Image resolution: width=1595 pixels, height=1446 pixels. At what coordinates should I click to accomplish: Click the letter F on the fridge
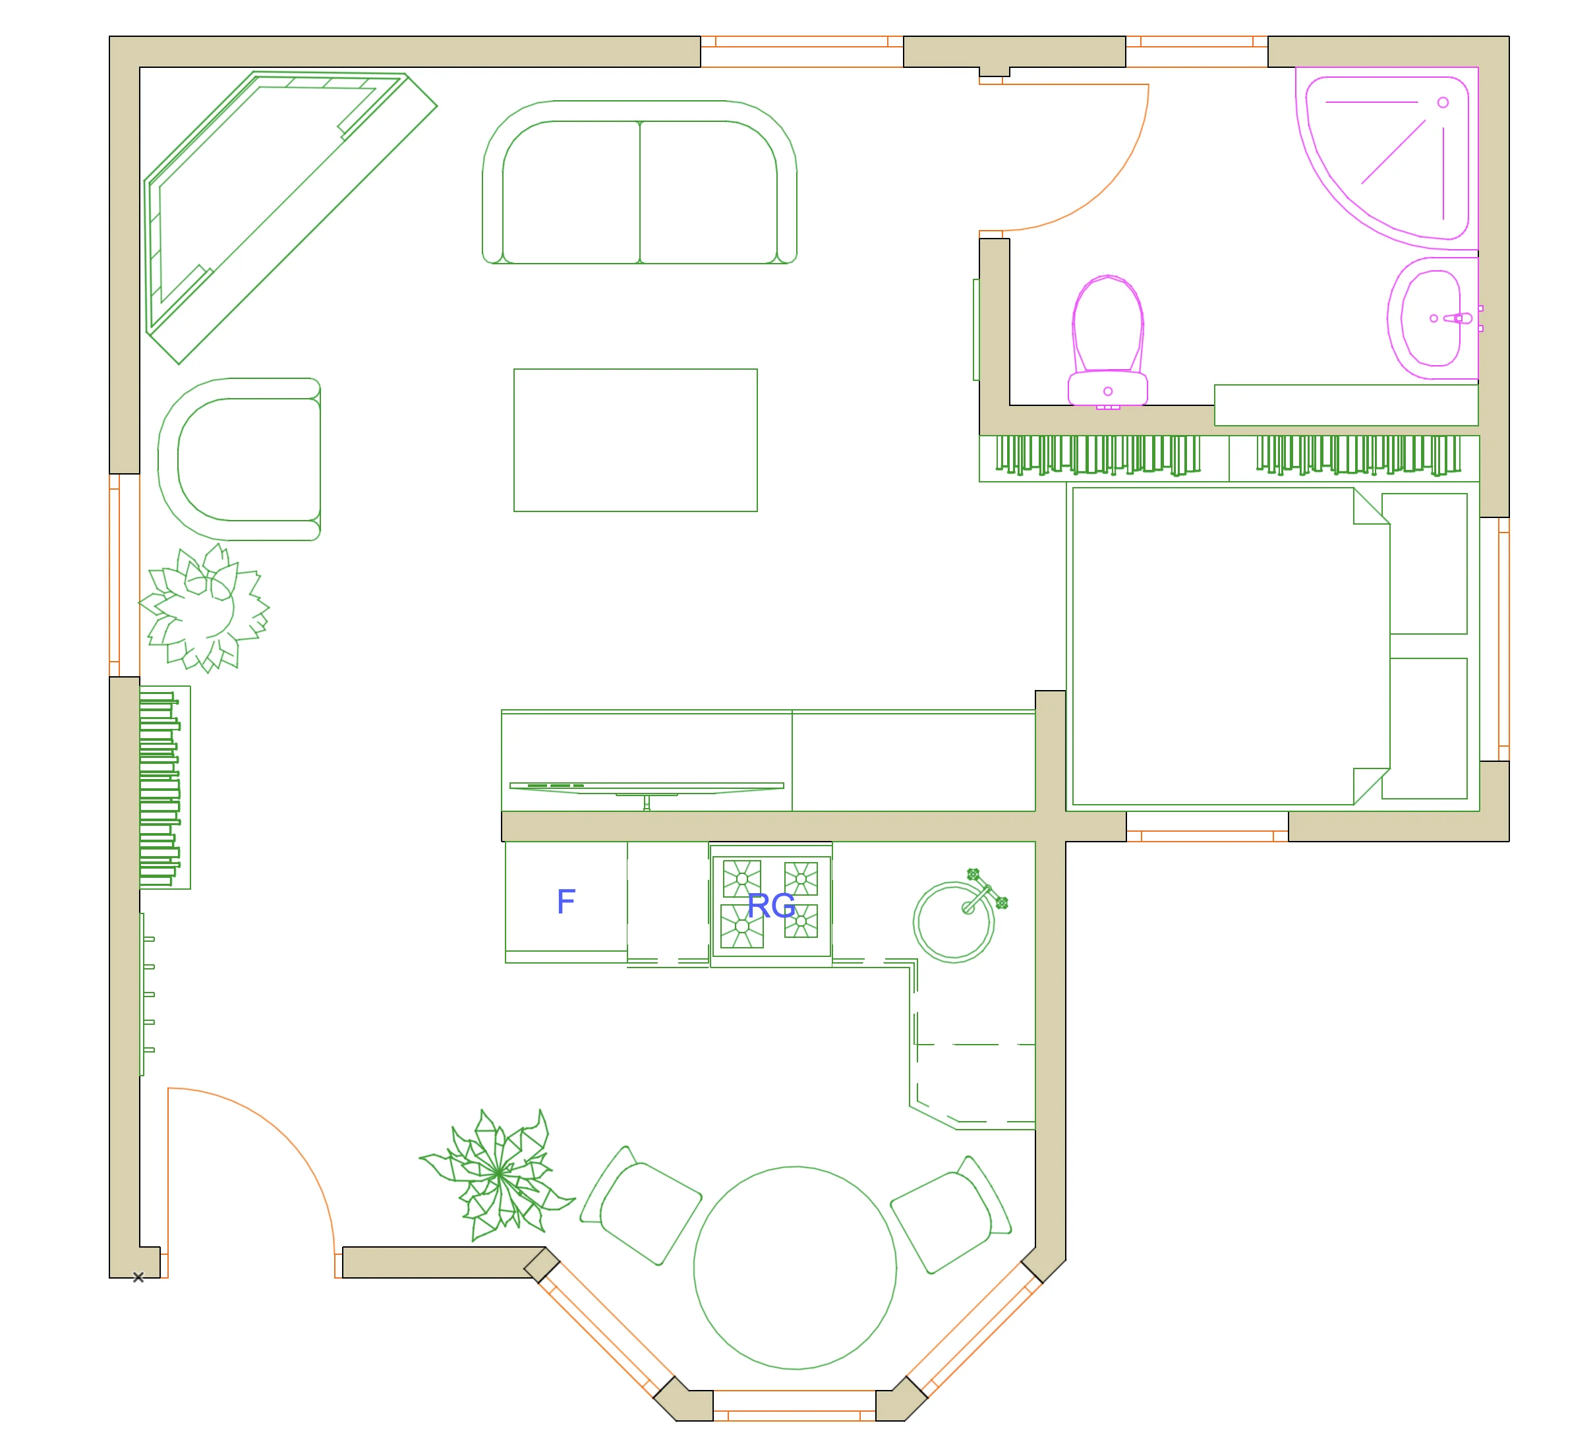[x=565, y=901]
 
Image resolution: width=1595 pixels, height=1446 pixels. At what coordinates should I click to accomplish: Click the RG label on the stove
[x=770, y=905]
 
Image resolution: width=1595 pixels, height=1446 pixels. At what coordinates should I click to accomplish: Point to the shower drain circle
[x=1443, y=103]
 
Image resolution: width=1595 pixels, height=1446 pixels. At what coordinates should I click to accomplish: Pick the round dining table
[x=795, y=1267]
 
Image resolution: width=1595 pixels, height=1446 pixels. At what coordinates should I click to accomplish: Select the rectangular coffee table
[x=635, y=440]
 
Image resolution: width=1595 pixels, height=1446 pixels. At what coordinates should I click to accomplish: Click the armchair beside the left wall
[x=241, y=459]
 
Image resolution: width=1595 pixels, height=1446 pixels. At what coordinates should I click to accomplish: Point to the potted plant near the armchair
[x=206, y=608]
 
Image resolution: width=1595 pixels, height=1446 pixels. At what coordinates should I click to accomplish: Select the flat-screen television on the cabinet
[x=647, y=787]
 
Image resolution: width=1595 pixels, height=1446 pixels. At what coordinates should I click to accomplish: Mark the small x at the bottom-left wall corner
[x=138, y=1277]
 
